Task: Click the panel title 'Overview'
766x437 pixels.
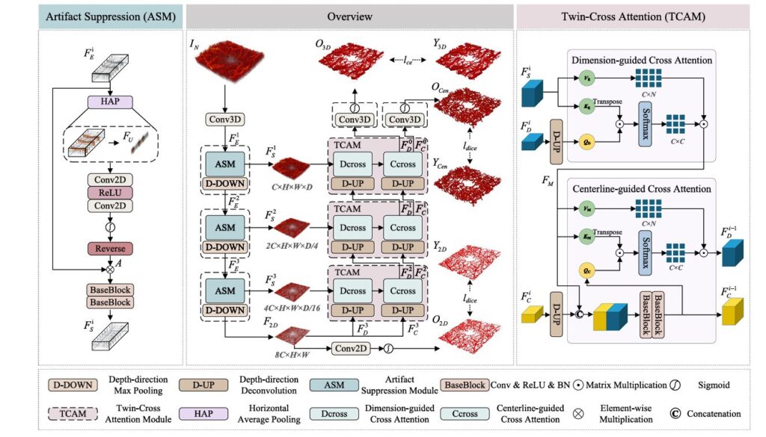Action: [349, 16]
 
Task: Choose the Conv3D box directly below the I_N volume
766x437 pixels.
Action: [226, 119]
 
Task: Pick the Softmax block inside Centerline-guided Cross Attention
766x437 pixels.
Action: [642, 242]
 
